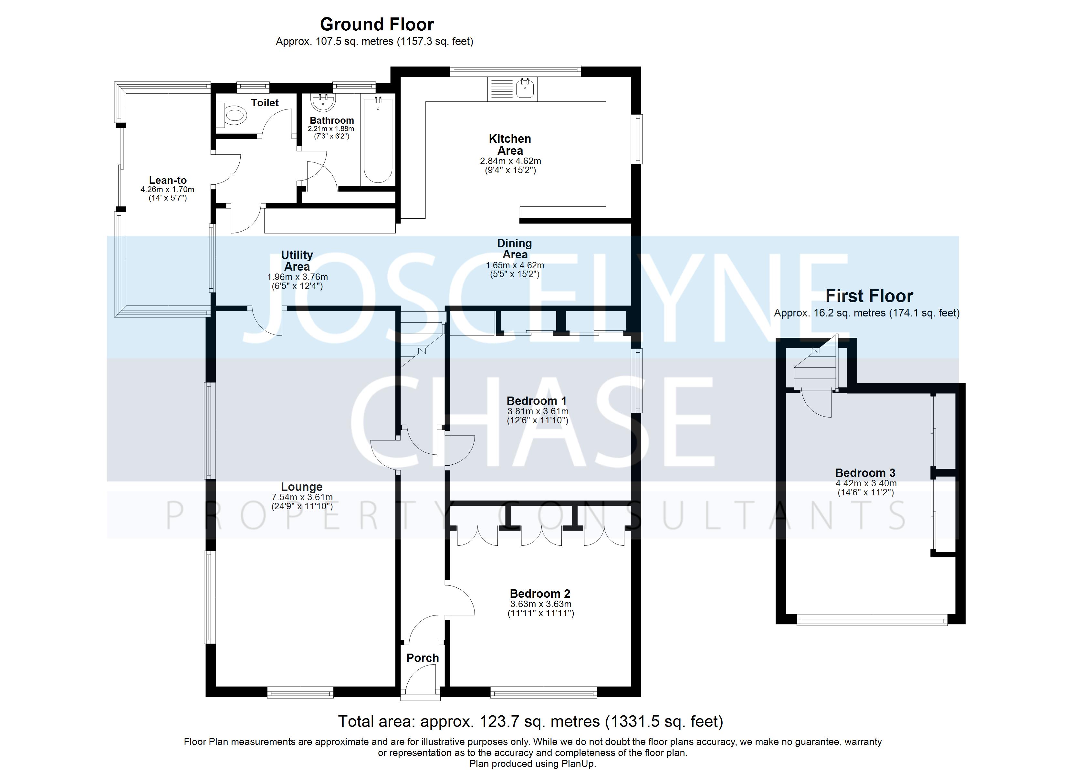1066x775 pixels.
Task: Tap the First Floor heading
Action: coord(869,296)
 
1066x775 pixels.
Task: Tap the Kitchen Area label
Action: coord(510,144)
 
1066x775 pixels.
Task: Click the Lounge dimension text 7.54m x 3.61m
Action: coord(302,497)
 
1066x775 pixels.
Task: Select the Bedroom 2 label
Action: coord(540,594)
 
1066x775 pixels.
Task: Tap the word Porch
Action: coord(423,658)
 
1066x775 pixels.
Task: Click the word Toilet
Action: coord(265,102)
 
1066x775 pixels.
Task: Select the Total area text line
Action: coord(530,721)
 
